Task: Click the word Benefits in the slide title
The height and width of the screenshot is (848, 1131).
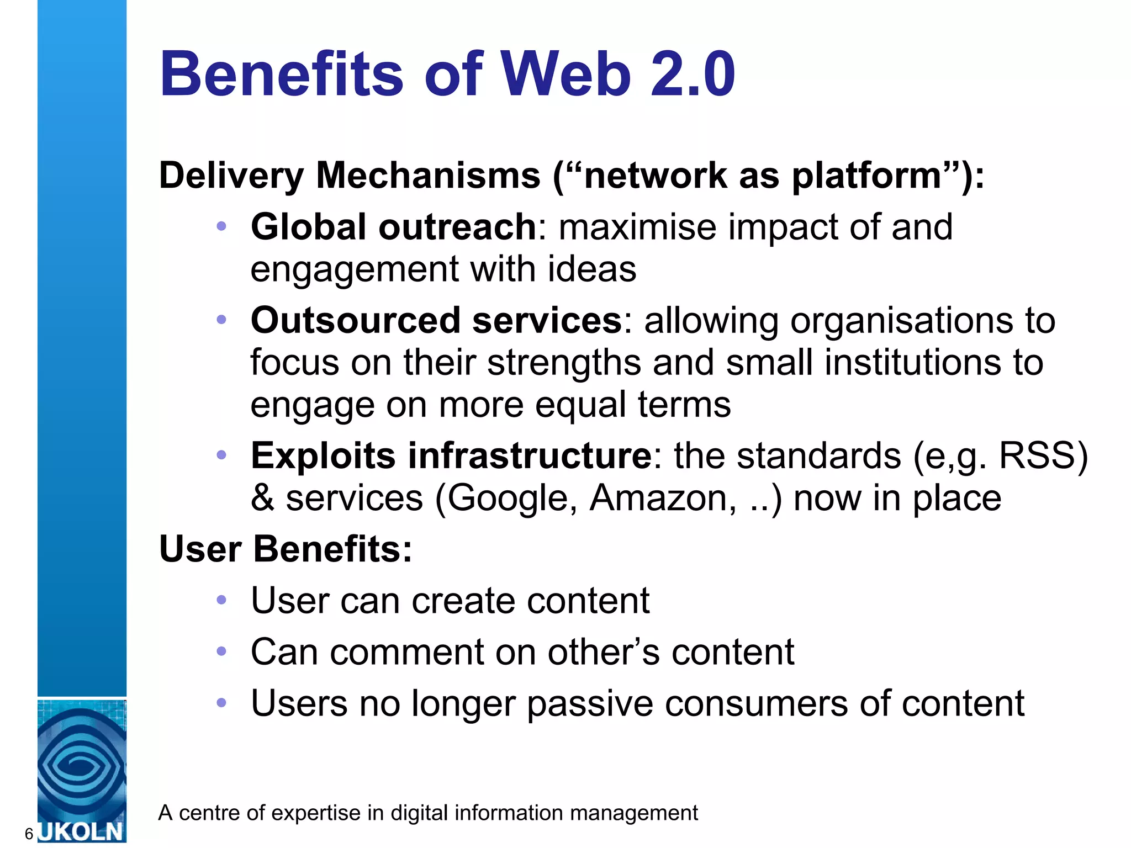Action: coord(282,74)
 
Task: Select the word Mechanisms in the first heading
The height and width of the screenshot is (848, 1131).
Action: coord(428,176)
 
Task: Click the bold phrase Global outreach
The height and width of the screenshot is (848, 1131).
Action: coord(393,227)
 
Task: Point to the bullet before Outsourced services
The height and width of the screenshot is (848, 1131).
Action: coord(221,320)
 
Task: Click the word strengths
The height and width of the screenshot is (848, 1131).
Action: coord(564,363)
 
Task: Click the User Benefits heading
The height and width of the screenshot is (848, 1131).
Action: coord(286,549)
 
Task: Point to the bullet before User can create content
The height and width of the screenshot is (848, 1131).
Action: coord(221,600)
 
